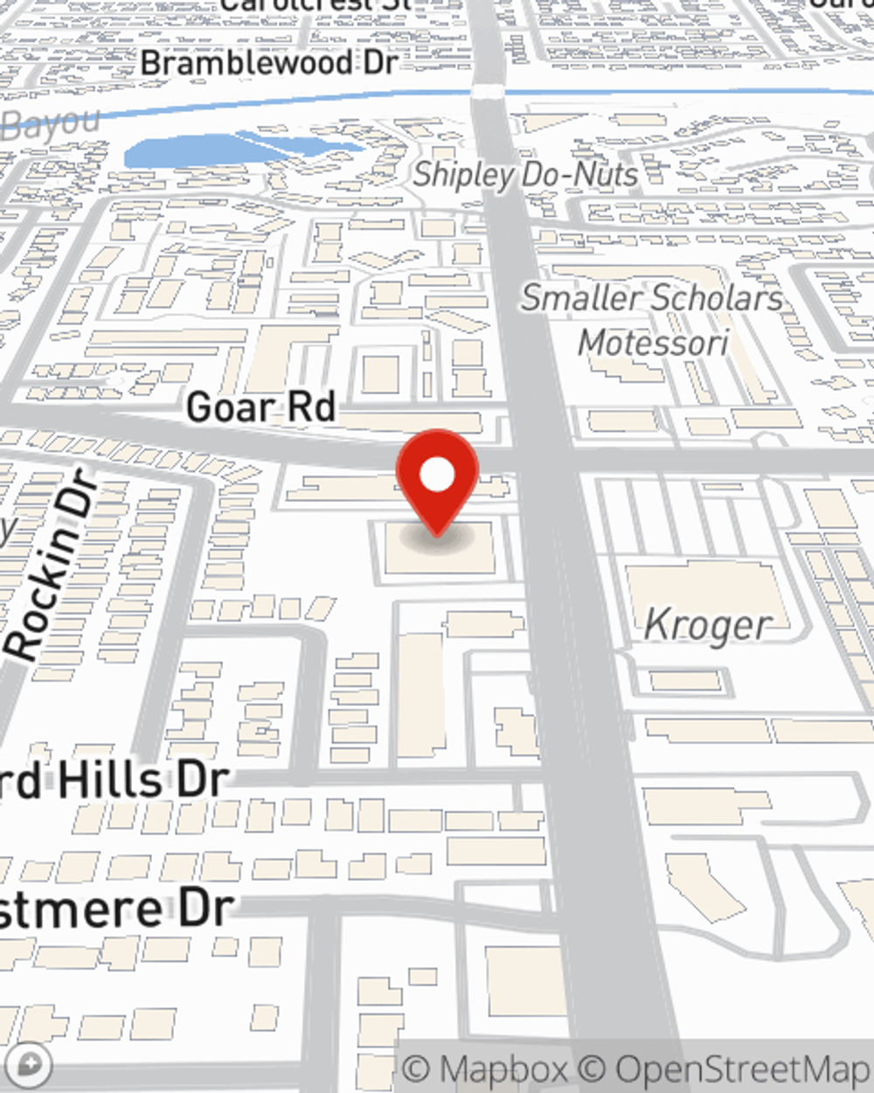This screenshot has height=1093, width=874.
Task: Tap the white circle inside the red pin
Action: pyautogui.click(x=437, y=475)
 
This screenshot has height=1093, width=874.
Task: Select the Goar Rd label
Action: pyautogui.click(x=260, y=407)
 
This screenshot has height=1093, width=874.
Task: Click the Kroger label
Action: pyautogui.click(x=708, y=625)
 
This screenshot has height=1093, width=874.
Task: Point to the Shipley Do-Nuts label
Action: pyautogui.click(x=525, y=175)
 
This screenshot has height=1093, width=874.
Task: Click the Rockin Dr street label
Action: pyautogui.click(x=52, y=564)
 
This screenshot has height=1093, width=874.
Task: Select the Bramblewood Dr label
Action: pyautogui.click(x=269, y=63)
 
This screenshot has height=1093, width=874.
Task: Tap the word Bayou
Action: pyautogui.click(x=51, y=123)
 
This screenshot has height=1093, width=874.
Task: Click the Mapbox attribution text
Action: pyautogui.click(x=485, y=1069)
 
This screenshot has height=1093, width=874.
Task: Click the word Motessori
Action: pyautogui.click(x=653, y=342)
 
